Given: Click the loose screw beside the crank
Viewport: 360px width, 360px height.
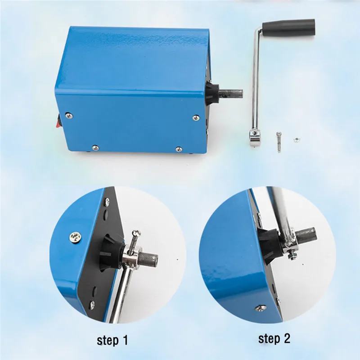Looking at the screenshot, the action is tap(279, 142).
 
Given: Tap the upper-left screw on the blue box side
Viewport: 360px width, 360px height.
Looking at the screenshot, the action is tap(69, 116).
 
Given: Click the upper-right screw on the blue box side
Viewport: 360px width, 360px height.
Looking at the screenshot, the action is tap(196, 118).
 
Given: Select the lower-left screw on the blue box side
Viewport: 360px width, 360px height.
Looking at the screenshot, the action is tap(95, 148).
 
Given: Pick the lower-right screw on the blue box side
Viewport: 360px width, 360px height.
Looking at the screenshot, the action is tap(179, 149).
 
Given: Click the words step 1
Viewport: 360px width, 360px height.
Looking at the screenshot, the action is tap(112, 340).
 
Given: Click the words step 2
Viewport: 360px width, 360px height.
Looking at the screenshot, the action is tap(274, 338).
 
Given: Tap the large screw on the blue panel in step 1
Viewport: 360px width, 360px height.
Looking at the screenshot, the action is tap(76, 237).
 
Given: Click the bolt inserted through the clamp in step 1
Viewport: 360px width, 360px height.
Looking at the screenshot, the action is tap(134, 242).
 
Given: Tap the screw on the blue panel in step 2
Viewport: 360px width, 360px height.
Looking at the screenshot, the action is tap(261, 308).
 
